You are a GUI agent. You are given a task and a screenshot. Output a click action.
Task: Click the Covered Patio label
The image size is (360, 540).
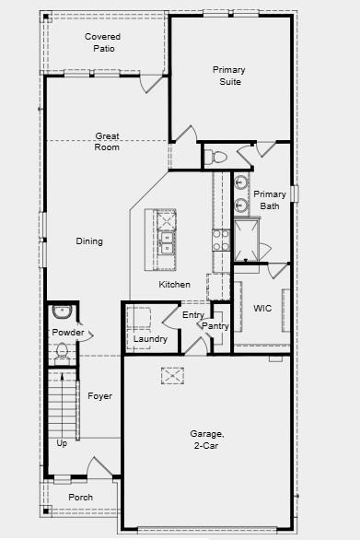pos(102,42)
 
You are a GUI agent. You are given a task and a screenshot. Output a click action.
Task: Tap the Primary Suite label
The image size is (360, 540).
pos(229,76)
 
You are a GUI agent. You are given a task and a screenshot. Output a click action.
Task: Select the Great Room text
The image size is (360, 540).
pos(108,142)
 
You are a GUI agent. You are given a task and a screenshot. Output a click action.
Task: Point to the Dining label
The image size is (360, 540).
pos(89,241)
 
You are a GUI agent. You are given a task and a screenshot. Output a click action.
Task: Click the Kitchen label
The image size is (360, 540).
pos(174,285)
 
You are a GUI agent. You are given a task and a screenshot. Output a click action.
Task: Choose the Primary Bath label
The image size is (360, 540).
pos(270,200)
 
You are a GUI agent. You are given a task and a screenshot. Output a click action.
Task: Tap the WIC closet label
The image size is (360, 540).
pos(262,308)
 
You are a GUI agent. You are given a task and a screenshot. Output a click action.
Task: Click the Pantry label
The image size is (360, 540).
pos(215,326)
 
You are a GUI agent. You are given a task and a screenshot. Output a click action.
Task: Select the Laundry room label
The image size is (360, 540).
pos(150,339)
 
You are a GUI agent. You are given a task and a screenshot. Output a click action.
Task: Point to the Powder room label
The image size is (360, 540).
pos(67,333)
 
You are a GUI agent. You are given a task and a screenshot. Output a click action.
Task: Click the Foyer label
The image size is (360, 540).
pos(99,396)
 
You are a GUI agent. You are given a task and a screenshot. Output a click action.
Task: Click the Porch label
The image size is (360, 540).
pos(81,498)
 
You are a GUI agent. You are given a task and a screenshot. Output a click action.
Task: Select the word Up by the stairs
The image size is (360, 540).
pos(62,443)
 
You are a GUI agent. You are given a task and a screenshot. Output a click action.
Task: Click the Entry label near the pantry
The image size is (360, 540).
pos(193,315)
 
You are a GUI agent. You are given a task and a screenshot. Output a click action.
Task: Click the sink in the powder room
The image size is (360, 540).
pos(63,311)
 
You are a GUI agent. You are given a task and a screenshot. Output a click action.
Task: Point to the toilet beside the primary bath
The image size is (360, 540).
pos(218,158)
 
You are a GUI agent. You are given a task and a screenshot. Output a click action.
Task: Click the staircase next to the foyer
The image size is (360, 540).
pos(61,405)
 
